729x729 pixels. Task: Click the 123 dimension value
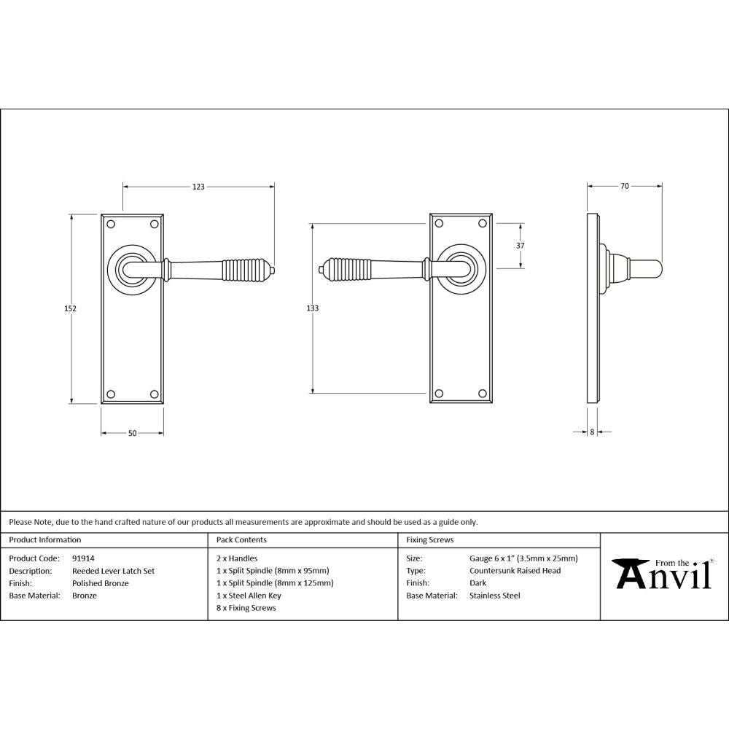click(x=198, y=187)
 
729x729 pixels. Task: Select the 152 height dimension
click(x=71, y=308)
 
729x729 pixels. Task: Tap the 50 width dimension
click(x=132, y=434)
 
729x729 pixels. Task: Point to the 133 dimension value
click(x=312, y=308)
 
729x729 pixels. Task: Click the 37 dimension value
click(x=520, y=246)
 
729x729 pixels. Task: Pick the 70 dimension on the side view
click(x=625, y=187)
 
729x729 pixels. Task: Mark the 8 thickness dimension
click(x=592, y=432)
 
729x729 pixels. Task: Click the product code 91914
click(x=83, y=559)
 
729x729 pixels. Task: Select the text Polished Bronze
click(x=101, y=583)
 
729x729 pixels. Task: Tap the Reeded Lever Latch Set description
click(x=113, y=572)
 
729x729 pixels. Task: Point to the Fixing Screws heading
click(x=429, y=540)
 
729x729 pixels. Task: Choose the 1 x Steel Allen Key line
click(x=249, y=596)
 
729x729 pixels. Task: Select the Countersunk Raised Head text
click(x=515, y=572)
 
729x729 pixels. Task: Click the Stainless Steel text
click(x=494, y=596)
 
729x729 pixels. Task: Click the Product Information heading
click(x=44, y=540)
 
